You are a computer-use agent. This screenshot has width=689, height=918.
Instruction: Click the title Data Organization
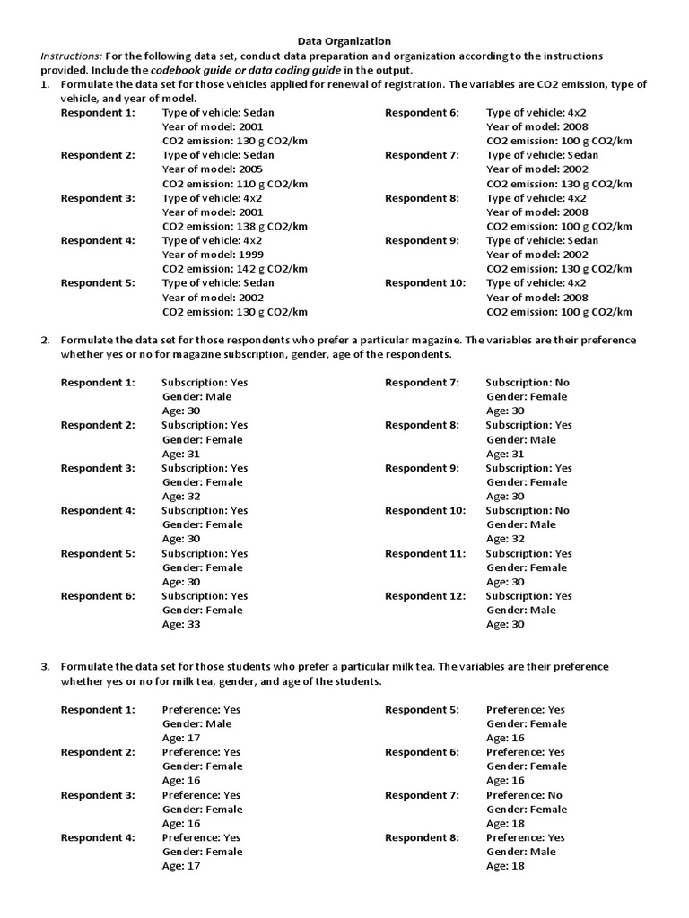pos(344,40)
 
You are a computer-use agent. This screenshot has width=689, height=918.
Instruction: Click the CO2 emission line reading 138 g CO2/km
pos(234,226)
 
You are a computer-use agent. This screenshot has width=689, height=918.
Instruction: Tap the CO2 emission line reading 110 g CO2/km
pos(234,184)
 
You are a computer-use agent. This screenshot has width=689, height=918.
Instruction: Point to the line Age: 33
pos(181,625)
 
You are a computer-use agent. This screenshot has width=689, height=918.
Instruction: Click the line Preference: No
pos(525,795)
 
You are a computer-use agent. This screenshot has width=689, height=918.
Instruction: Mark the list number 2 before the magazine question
pos(45,341)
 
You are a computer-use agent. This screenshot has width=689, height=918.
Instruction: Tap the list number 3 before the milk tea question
pos(45,667)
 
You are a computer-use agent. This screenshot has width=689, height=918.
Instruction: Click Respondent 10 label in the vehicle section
pos(425,283)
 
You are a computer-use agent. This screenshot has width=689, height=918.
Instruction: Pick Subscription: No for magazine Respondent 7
pos(528,382)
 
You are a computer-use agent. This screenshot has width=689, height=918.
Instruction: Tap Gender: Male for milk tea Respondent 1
pos(196,723)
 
